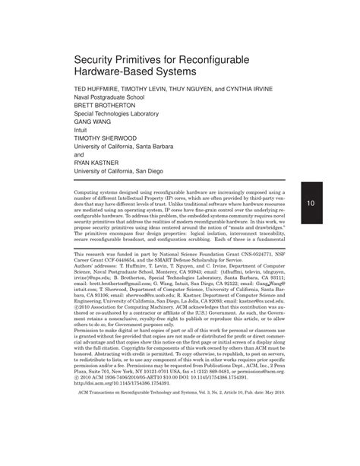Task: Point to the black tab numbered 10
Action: (x=311, y=204)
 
